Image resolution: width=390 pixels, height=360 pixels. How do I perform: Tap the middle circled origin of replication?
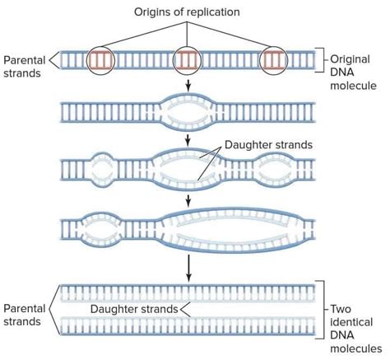[188, 60]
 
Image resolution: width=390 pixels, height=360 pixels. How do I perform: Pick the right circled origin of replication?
[276, 60]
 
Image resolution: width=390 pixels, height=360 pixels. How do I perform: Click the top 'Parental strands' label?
[24, 67]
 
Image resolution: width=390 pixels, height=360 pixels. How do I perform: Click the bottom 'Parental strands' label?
[24, 315]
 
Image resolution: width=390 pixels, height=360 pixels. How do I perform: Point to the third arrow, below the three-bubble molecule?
[188, 199]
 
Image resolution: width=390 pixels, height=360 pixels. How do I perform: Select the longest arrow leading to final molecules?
[188, 265]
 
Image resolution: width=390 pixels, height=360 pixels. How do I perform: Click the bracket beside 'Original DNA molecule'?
[322, 60]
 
